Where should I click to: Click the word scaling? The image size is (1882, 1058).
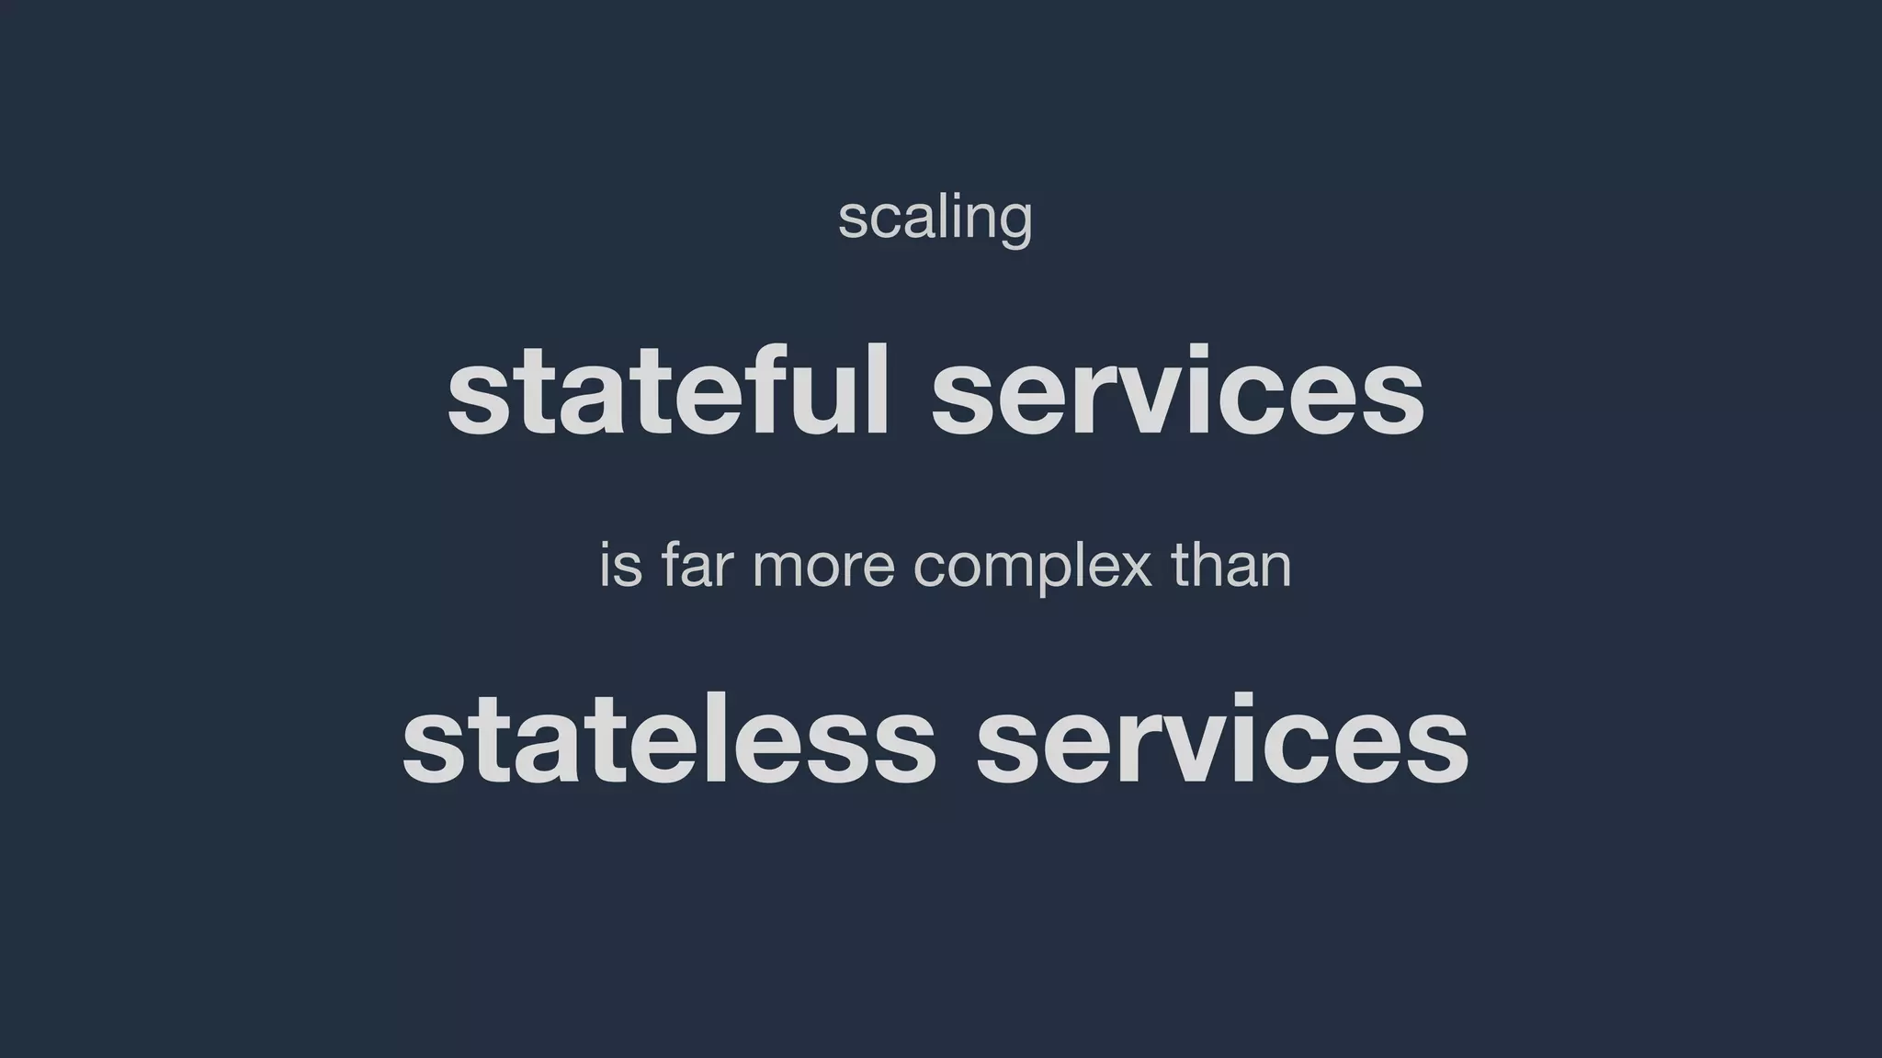(x=935, y=218)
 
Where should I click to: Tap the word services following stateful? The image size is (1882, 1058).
(x=1178, y=392)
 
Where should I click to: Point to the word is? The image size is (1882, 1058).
(x=620, y=566)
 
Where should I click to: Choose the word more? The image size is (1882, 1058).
(x=823, y=568)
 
